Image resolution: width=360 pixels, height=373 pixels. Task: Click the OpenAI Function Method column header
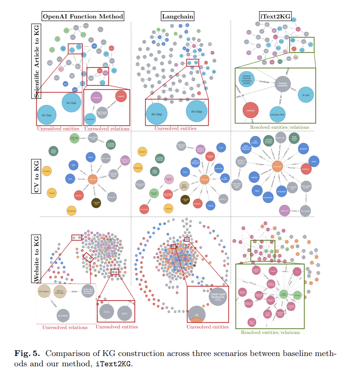coord(83,17)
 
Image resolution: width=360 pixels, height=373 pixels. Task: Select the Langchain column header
coord(178,17)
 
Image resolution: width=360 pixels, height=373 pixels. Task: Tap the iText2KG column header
coord(274,17)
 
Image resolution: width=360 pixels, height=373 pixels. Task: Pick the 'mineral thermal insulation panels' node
coord(248,79)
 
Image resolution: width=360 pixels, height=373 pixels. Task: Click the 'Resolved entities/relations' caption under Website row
coord(270,332)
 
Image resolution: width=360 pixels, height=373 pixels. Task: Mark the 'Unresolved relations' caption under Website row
coord(65,327)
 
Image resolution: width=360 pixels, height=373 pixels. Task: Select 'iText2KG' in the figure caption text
coord(115,363)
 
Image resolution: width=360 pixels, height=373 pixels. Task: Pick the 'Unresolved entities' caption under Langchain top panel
coord(175,128)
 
